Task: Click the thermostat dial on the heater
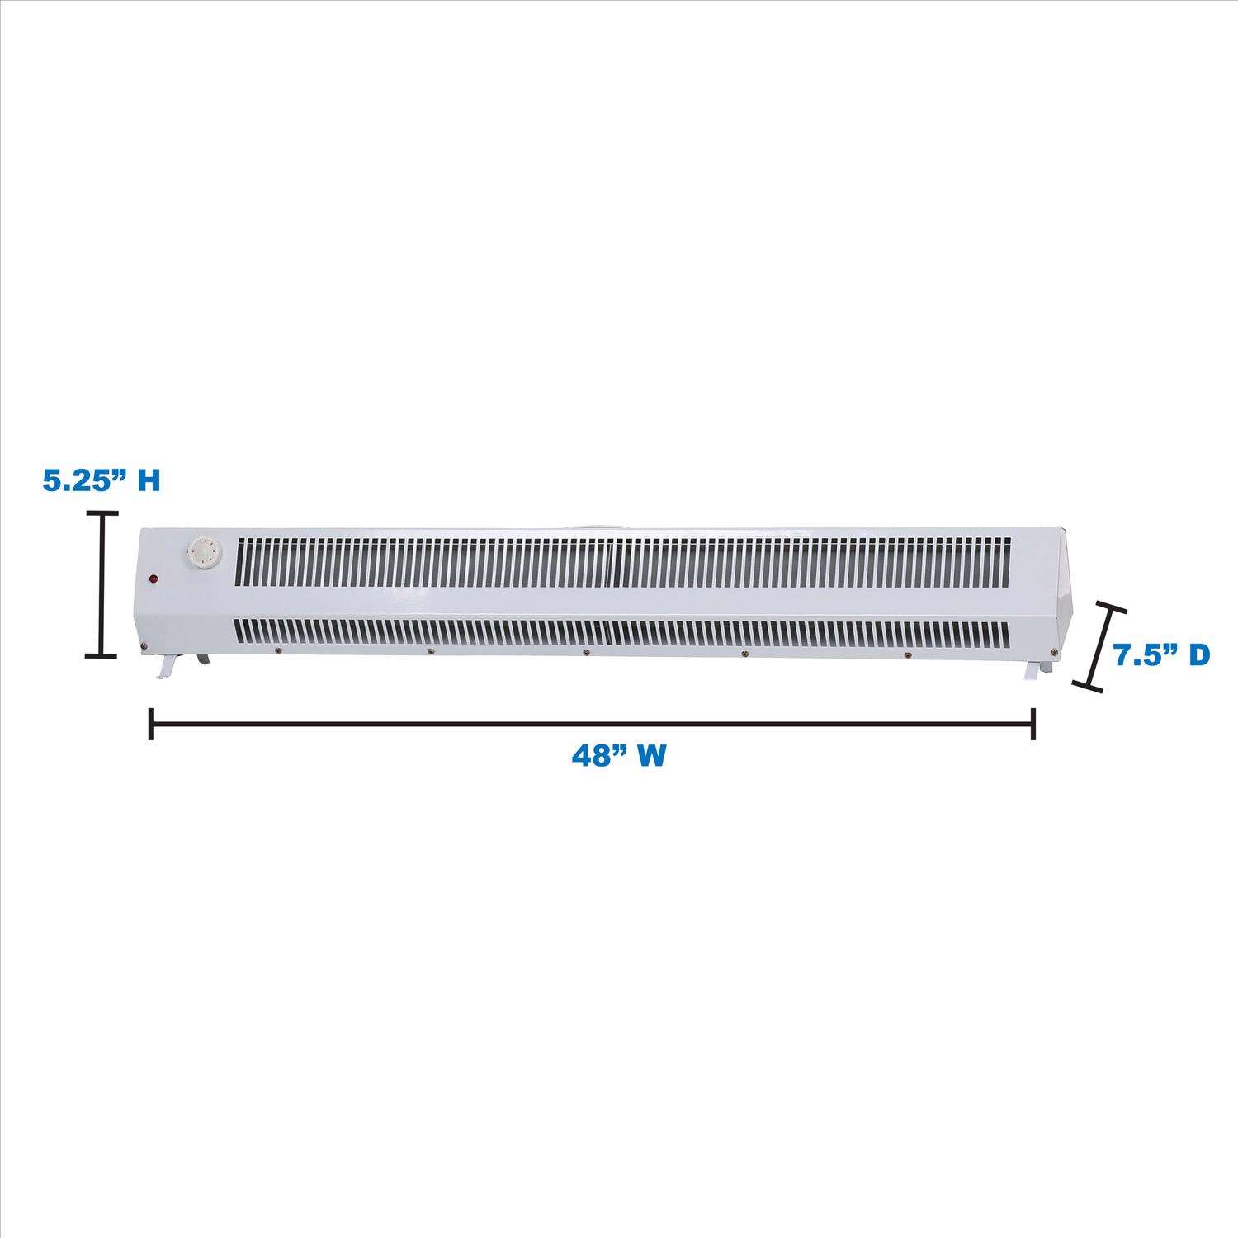pos(202,550)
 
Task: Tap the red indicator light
pos(154,579)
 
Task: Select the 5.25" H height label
pos(101,480)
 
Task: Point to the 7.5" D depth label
pos(1161,654)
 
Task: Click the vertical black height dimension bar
pos(102,584)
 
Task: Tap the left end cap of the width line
pos(150,724)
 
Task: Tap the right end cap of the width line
pos(1033,724)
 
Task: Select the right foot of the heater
pos(1032,670)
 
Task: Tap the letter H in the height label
pos(148,480)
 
